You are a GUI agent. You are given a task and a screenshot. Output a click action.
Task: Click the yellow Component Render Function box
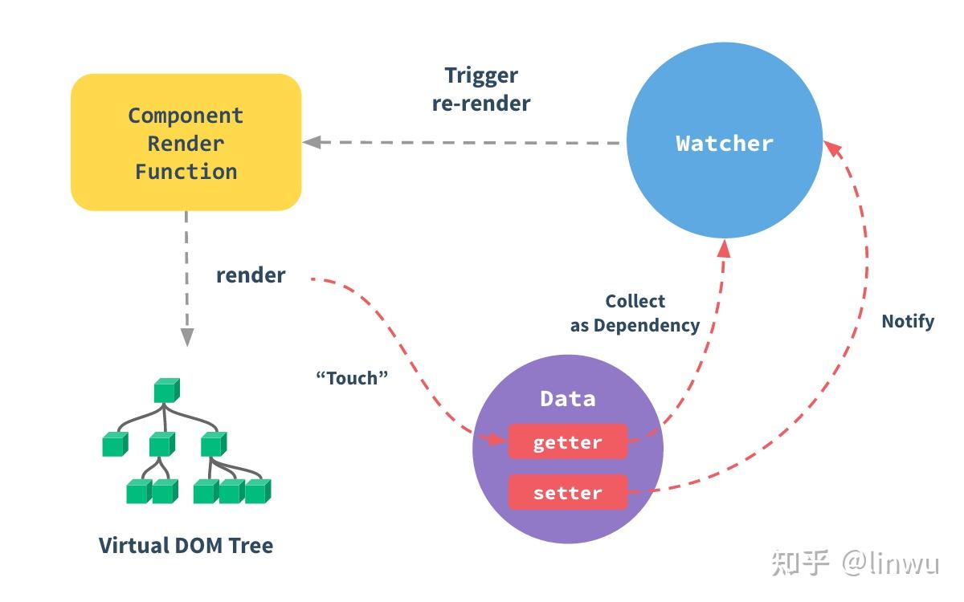pos(186,142)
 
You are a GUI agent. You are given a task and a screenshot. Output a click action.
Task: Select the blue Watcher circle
pos(725,140)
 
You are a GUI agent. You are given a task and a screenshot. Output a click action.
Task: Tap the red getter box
pos(568,441)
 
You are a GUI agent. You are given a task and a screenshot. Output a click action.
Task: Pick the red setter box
pos(568,492)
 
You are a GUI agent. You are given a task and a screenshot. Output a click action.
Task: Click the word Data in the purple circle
pos(568,399)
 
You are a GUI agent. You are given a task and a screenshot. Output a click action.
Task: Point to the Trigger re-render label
pos(481,89)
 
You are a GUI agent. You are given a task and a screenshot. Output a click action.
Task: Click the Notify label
pos(908,321)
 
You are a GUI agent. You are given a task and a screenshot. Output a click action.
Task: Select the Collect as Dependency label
pos(635,314)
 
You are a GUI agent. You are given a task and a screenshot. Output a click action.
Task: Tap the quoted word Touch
pos(352,378)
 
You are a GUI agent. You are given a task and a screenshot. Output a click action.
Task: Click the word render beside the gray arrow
pos(251,275)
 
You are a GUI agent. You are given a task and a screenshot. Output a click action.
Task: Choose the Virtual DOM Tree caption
pos(186,545)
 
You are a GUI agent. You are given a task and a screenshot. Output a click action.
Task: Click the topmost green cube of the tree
pos(167,390)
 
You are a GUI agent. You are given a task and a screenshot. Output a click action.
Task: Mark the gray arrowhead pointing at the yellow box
pos(312,142)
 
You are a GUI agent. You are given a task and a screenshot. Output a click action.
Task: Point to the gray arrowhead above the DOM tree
pos(186,336)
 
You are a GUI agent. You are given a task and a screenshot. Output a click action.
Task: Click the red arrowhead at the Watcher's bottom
pos(725,249)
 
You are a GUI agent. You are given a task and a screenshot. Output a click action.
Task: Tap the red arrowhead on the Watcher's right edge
pos(833,148)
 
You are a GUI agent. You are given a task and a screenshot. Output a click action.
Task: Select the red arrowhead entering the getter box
pos(495,438)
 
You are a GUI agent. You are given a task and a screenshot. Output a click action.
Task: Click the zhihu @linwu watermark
pos(856,563)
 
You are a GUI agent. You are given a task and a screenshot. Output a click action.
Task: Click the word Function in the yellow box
pos(186,172)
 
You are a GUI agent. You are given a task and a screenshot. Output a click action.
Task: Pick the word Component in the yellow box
pos(186,116)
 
